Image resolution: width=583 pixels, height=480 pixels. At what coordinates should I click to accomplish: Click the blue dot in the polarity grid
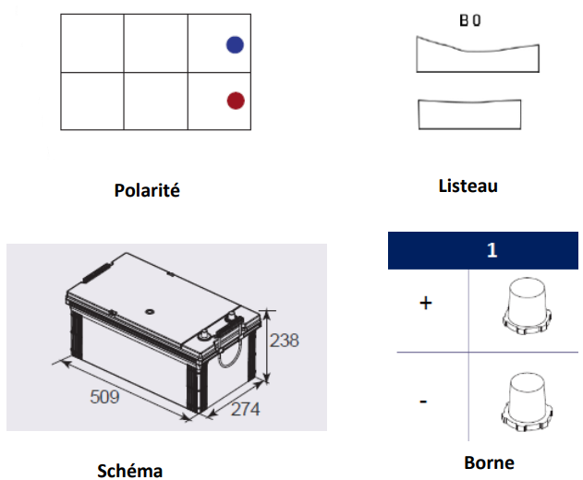235,45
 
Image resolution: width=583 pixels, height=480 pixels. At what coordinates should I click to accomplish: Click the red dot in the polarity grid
236,101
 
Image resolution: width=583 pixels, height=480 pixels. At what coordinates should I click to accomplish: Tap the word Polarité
147,190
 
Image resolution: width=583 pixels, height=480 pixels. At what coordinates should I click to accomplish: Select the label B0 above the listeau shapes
470,20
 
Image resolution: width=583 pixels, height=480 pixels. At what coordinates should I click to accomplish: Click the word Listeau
468,186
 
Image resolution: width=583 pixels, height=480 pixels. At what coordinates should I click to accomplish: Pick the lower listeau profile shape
469,115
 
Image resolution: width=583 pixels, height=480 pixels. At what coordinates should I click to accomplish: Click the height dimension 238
284,341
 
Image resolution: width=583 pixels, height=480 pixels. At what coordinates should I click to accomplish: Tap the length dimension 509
104,397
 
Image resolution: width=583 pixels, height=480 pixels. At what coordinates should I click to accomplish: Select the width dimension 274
246,410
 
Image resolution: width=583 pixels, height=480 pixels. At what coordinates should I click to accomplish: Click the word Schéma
129,471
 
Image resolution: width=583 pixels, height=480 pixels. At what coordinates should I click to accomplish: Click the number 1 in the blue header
492,250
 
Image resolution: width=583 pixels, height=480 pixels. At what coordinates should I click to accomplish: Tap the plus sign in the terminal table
426,303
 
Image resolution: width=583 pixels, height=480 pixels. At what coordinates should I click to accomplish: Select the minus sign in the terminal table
423,402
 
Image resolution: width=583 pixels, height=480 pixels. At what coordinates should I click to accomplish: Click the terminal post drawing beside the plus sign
527,306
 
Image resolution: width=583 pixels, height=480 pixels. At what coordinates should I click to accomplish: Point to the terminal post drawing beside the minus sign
527,402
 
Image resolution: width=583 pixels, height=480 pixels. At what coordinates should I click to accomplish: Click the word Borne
490,462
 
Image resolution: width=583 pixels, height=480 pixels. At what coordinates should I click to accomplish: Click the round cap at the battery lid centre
150,311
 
